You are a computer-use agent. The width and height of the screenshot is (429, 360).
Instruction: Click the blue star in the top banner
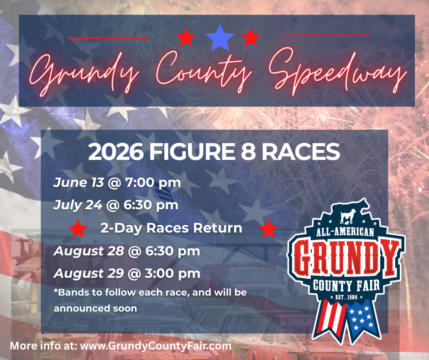point(220,37)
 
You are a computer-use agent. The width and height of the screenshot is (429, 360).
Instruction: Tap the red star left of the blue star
point(186,37)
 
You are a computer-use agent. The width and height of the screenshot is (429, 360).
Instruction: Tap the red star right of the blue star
point(251,37)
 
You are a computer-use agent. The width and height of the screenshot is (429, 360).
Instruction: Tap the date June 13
point(78,183)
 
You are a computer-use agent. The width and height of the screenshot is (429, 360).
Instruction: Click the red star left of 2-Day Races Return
point(78,228)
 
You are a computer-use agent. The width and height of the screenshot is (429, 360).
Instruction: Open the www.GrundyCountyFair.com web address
point(156,346)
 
